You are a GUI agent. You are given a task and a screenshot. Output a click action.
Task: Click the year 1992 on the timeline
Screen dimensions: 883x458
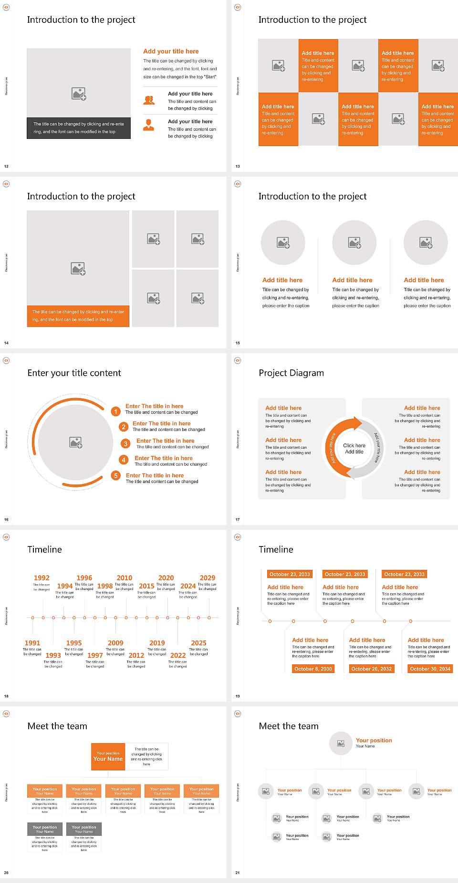[x=42, y=578]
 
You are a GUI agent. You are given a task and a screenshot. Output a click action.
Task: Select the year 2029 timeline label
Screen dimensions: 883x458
[x=208, y=578]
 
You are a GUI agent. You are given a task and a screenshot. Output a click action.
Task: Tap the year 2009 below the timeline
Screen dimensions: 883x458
[x=115, y=643]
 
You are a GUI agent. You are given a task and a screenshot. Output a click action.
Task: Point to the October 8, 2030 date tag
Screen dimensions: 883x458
[x=313, y=669]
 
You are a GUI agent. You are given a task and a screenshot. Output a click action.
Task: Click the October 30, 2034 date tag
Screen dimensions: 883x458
[x=430, y=669]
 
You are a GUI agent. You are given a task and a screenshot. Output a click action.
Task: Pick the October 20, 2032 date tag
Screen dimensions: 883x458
[x=371, y=669]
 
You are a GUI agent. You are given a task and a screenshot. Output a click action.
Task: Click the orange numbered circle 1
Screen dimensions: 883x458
[x=115, y=411]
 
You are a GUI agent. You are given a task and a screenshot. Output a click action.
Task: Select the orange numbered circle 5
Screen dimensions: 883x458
[x=115, y=475]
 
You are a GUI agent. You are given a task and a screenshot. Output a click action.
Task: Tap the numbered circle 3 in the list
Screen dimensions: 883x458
[x=125, y=443]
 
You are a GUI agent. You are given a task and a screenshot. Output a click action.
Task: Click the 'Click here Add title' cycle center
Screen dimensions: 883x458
[x=354, y=448]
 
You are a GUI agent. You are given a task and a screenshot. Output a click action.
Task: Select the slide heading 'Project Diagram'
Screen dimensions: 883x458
[x=291, y=373]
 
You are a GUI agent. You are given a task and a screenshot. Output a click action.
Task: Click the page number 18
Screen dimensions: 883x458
[x=6, y=696]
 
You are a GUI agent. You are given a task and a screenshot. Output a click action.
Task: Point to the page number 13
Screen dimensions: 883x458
[x=238, y=166]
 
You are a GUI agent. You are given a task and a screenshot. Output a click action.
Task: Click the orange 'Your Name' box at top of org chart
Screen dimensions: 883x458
[x=108, y=757]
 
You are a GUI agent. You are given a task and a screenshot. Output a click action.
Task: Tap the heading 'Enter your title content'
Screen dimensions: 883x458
[x=74, y=373]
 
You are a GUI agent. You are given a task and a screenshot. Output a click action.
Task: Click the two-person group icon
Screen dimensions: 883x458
[x=149, y=100]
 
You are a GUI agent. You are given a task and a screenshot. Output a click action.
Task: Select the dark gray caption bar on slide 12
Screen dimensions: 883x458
[x=79, y=128]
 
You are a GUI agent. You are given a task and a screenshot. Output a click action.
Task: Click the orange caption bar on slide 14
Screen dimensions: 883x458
[x=78, y=316]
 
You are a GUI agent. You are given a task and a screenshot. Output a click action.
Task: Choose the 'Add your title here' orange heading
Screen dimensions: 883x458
[x=171, y=51]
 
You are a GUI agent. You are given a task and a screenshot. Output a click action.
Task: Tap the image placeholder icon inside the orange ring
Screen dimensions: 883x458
[x=76, y=442]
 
